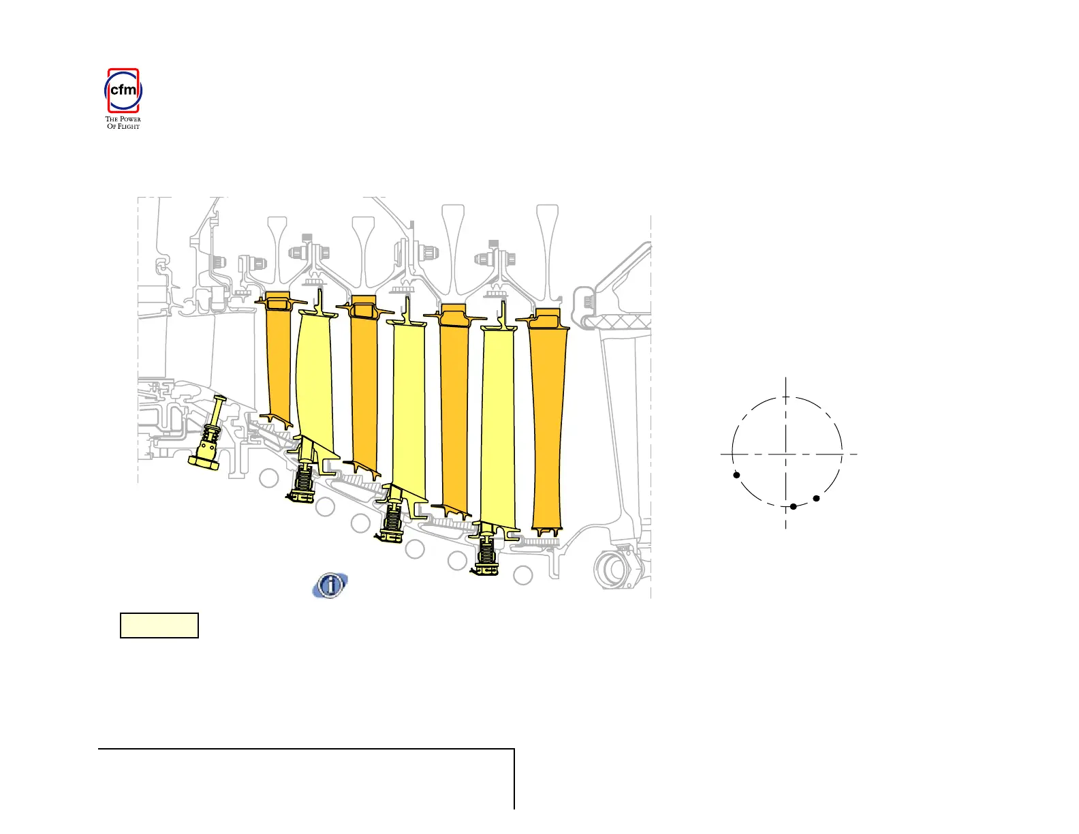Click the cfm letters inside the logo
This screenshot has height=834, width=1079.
[123, 89]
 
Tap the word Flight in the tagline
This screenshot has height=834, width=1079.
[128, 127]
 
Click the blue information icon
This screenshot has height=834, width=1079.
[330, 585]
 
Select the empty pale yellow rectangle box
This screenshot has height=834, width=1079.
[159, 625]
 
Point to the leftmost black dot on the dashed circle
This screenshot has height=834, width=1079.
[736, 475]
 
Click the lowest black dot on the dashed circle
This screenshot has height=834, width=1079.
[793, 507]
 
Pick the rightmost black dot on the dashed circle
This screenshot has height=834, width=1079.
[816, 498]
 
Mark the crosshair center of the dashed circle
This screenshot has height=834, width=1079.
[785, 454]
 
